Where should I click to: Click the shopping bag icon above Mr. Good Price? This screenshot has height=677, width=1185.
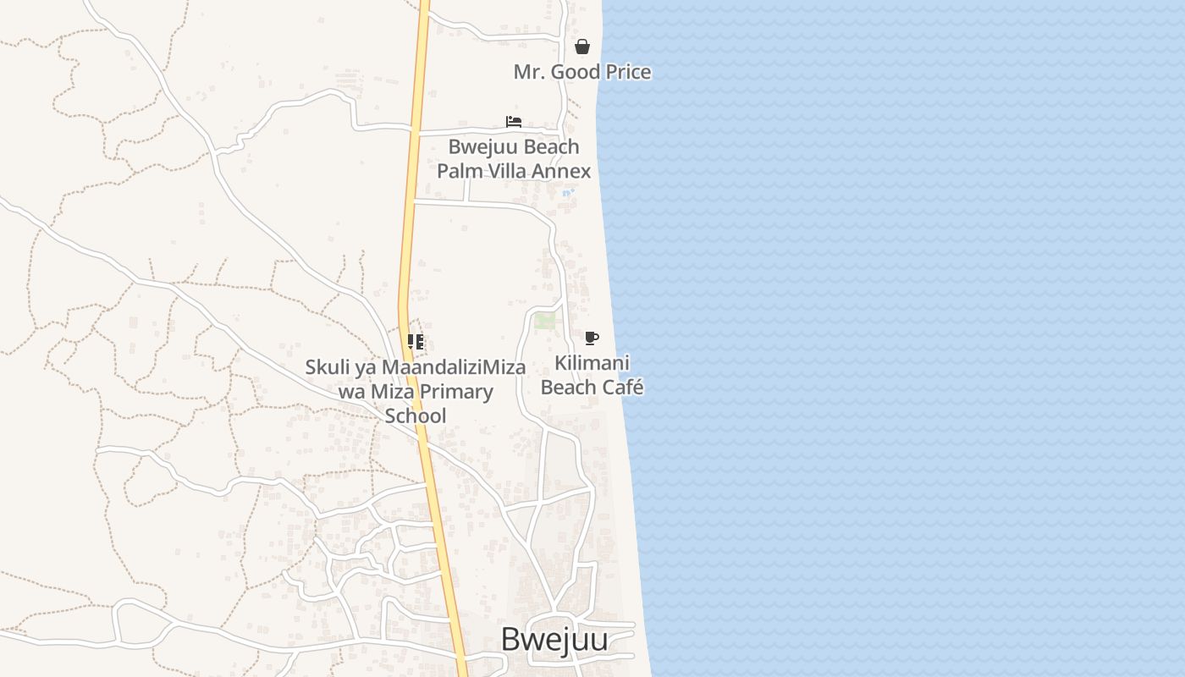pos(582,47)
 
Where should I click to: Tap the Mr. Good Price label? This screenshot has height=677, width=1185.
pos(582,72)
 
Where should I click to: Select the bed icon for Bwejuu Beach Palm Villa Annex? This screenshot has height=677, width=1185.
pos(514,122)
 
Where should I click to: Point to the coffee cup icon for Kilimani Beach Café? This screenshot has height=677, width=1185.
pos(592,338)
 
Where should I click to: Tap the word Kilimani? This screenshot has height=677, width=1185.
pos(592,364)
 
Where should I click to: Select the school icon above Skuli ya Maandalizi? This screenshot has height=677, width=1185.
pos(415,342)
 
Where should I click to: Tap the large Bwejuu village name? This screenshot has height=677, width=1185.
pos(554,640)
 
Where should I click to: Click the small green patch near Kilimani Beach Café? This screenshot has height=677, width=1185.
pos(544,321)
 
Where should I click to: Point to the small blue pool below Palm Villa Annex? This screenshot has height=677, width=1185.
pos(568,193)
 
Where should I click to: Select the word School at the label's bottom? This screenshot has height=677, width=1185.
pos(415,416)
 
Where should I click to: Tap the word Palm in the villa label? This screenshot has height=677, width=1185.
pos(456,171)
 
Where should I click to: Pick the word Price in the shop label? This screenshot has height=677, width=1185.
pos(626,72)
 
